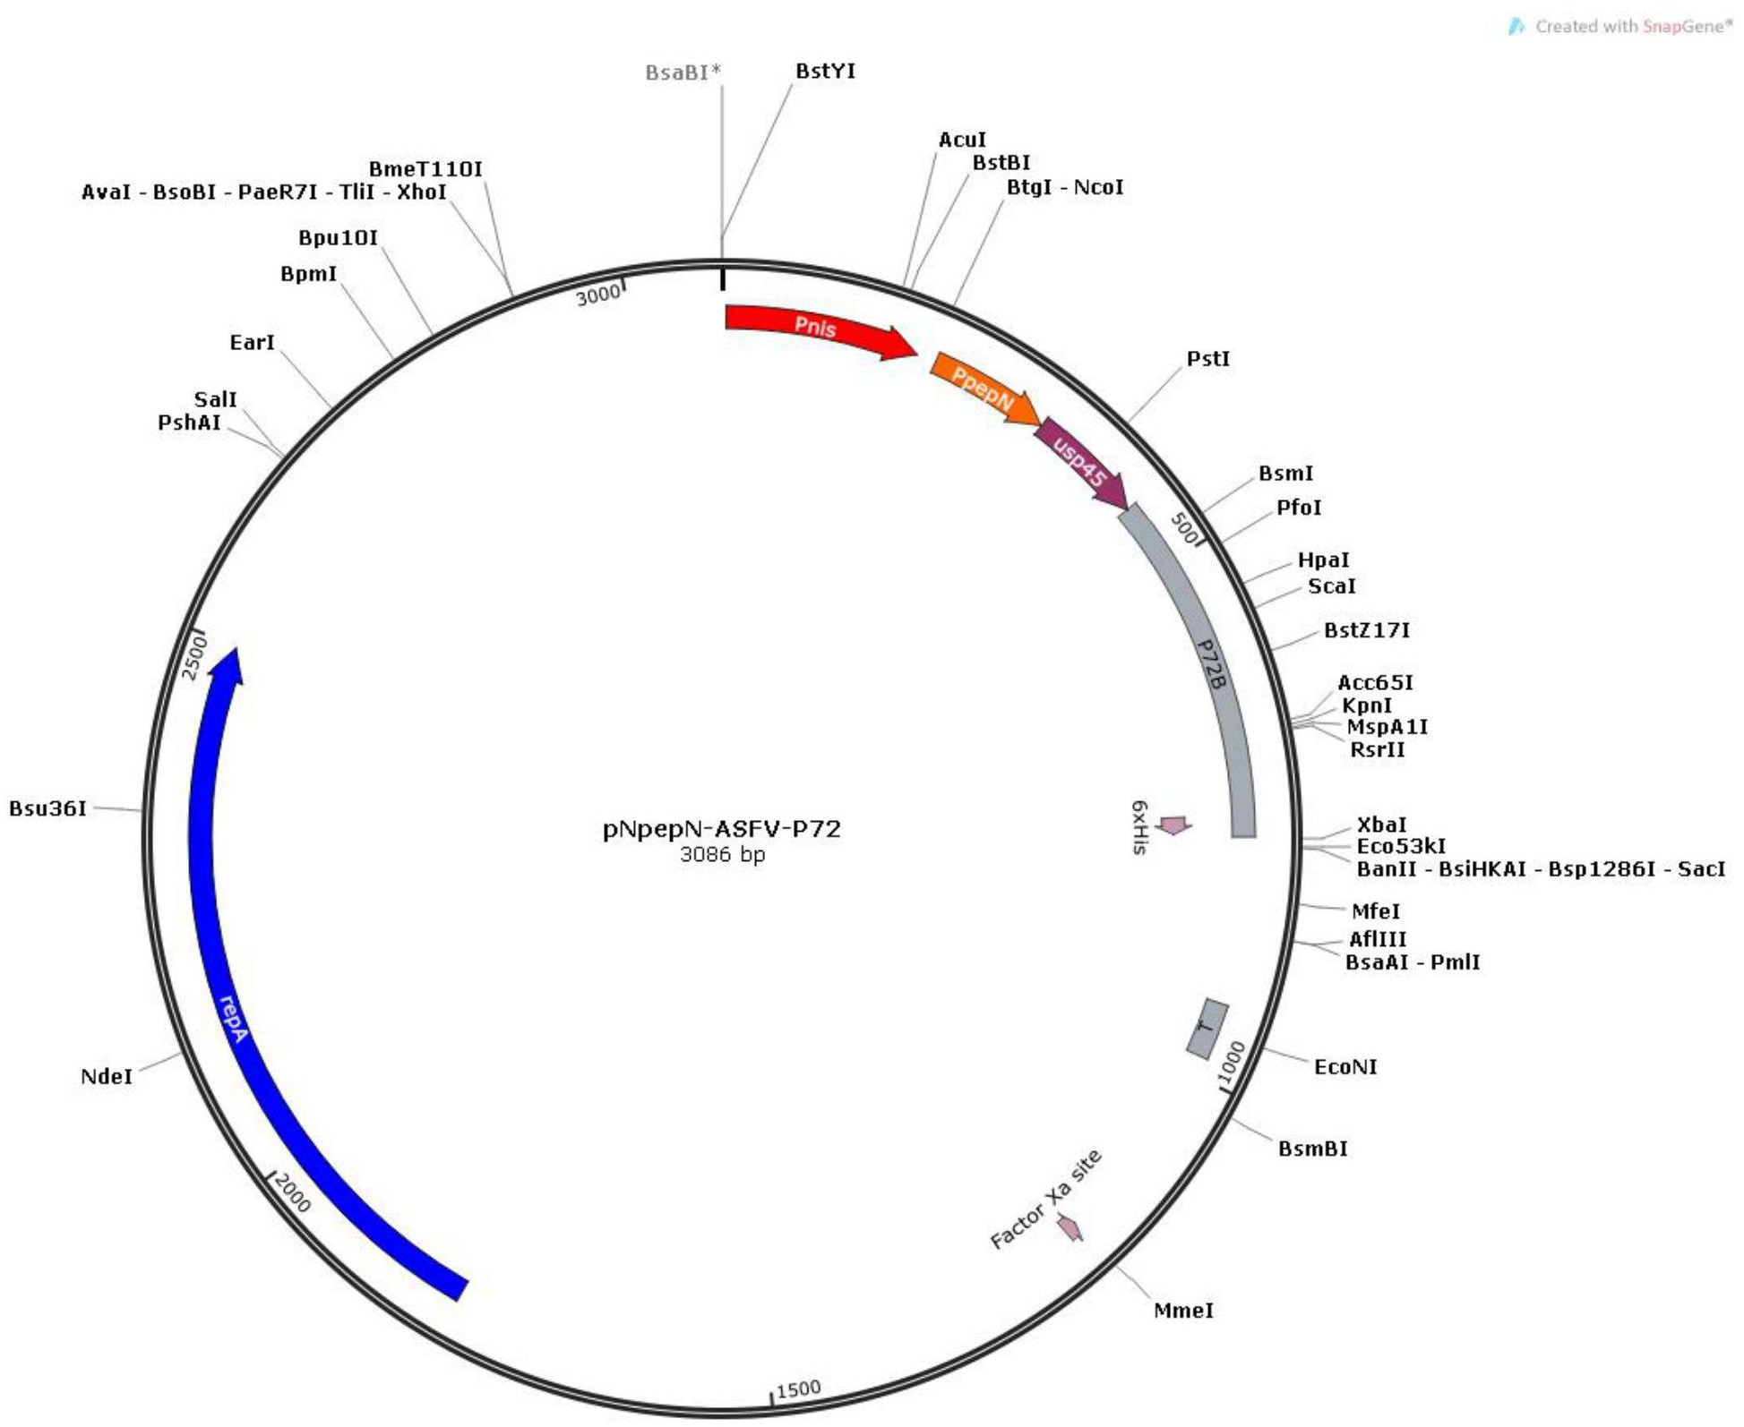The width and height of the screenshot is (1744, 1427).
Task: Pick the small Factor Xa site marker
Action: click(1070, 1227)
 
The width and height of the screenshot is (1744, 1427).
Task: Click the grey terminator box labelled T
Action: click(1207, 1028)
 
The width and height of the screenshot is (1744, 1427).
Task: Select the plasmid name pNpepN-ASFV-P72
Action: click(722, 829)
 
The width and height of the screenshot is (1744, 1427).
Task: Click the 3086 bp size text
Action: click(722, 855)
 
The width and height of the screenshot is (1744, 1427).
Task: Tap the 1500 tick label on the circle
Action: click(798, 1389)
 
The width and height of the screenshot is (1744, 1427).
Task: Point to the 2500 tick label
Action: click(194, 657)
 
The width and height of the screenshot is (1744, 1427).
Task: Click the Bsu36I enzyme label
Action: click(48, 808)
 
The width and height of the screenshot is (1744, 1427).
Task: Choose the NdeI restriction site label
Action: click(107, 1076)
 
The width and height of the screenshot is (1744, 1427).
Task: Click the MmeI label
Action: click(1183, 1311)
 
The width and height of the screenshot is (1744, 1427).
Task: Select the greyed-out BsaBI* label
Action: click(683, 73)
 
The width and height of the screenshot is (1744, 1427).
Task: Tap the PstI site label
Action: click(1207, 359)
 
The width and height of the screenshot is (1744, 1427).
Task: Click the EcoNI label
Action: click(1345, 1067)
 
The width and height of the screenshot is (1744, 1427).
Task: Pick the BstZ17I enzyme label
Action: click(1367, 630)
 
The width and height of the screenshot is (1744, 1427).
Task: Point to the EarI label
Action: click(252, 343)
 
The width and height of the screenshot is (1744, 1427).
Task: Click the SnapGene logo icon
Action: click(1516, 27)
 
